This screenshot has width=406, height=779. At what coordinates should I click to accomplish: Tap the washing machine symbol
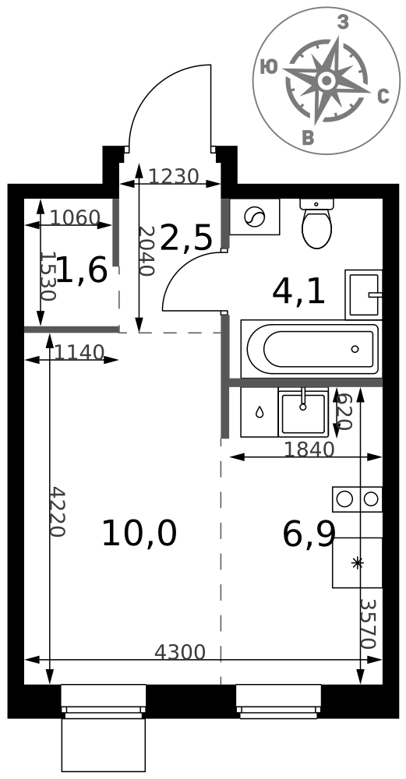[x=255, y=217]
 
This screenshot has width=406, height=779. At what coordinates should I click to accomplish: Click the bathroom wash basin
[x=363, y=294]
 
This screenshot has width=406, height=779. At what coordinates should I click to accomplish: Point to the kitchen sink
[x=302, y=412]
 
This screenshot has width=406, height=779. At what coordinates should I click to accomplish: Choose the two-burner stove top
[x=358, y=499]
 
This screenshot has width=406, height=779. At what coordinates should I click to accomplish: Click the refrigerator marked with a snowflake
[x=358, y=562]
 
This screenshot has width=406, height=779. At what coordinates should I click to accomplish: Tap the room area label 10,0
[x=139, y=534]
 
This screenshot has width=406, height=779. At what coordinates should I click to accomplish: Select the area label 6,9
[x=309, y=534]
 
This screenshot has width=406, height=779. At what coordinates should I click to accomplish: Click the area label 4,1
[x=298, y=292]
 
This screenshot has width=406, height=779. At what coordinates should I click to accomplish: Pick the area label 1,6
[x=83, y=270]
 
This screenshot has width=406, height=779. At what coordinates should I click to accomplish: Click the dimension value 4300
[x=180, y=652]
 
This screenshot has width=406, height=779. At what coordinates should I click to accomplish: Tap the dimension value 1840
[x=309, y=449]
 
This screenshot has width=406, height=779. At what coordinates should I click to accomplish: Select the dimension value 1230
[x=174, y=176]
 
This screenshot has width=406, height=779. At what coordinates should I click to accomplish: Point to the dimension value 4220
[x=58, y=511]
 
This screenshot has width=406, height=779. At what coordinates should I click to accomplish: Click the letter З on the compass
[x=342, y=22]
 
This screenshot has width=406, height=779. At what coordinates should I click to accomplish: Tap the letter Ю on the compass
[x=269, y=66]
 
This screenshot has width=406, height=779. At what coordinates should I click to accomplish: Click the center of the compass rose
[x=327, y=80]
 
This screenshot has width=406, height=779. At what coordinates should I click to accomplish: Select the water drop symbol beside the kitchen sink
[x=259, y=412]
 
